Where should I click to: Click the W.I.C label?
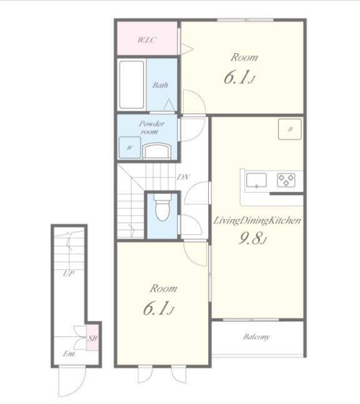pyautogui.click(x=147, y=40)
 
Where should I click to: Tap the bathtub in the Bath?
pyautogui.click(x=132, y=85)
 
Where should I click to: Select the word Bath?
pyautogui.click(x=160, y=85)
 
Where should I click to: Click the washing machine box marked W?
pyautogui.click(x=130, y=148)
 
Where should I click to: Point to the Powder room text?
pyautogui.click(x=151, y=128)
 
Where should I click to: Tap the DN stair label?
pyautogui.click(x=183, y=177)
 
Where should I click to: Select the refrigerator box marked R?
pyautogui.click(x=290, y=129)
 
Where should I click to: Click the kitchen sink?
pyautogui.click(x=256, y=180)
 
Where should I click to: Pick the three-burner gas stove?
pyautogui.click(x=286, y=180)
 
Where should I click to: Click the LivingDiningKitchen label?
pyautogui.click(x=257, y=221)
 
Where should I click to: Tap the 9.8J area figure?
pyautogui.click(x=252, y=238)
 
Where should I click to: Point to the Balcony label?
pyautogui.click(x=256, y=336)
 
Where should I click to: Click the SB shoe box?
pyautogui.click(x=92, y=338)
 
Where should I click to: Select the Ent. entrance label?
pyautogui.click(x=69, y=354)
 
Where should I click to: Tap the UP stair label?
pyautogui.click(x=69, y=273)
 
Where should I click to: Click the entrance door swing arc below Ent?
pyautogui.click(x=78, y=388)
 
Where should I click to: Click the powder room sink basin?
pyautogui.click(x=157, y=151)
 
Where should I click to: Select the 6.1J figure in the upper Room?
pyautogui.click(x=239, y=78)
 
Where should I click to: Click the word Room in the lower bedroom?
pyautogui.click(x=163, y=288)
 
